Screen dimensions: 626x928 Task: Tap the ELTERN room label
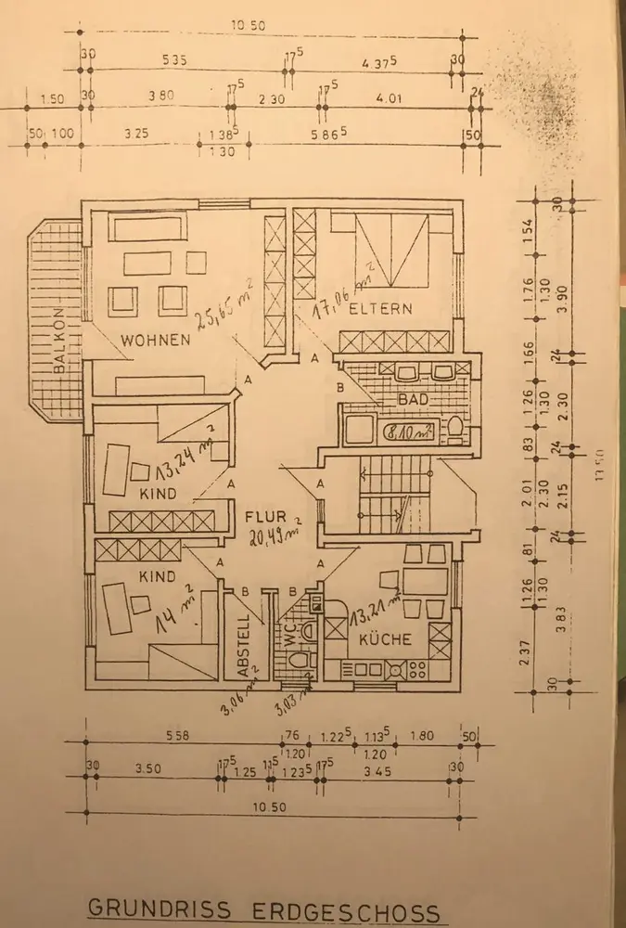380,310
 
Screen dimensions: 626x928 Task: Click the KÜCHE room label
378,640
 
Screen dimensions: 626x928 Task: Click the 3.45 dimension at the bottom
382,770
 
